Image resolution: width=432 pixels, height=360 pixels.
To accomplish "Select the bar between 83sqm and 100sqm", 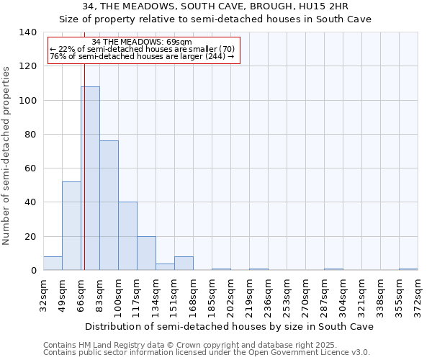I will click(109, 205).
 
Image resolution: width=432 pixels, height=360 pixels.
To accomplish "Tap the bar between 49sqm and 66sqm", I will click(71, 226).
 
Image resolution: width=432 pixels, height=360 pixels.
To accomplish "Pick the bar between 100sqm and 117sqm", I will click(127, 236).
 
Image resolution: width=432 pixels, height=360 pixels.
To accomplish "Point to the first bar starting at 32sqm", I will click(53, 264).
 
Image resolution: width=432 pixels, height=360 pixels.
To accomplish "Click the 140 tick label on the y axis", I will click(27, 32).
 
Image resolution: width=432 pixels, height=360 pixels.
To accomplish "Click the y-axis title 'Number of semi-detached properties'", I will click(7, 155).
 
